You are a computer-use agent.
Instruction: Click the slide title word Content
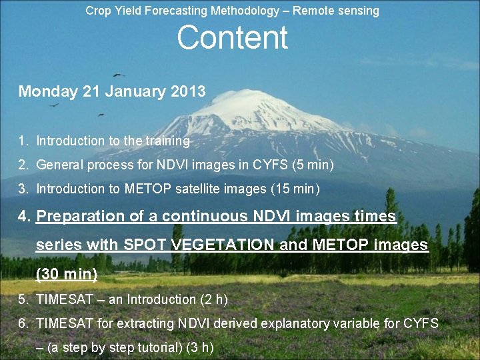[232, 38]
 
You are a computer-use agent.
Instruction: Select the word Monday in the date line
[48, 91]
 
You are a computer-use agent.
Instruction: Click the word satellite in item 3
[199, 189]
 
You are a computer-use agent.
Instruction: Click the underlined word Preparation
[81, 216]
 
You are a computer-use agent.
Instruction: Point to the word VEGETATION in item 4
[223, 245]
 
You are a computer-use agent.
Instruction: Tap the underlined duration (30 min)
[67, 273]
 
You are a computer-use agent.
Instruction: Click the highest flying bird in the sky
[119, 74]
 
